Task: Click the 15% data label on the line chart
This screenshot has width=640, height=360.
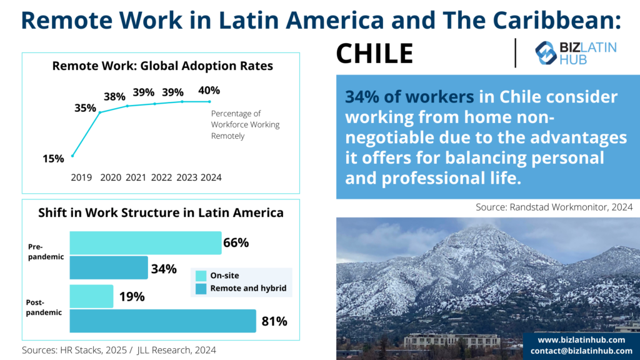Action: click(x=53, y=158)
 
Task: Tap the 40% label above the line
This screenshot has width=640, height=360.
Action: click(x=209, y=90)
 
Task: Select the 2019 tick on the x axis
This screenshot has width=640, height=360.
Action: click(x=81, y=177)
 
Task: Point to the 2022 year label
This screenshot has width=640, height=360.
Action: click(x=161, y=177)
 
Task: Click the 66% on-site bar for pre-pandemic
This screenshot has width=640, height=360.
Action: click(x=146, y=243)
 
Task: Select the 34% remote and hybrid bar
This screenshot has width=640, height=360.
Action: click(x=109, y=267)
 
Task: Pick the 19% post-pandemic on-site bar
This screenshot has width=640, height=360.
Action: click(x=91, y=296)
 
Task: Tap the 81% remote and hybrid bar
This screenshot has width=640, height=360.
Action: click(x=163, y=321)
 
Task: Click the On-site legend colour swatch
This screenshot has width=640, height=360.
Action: click(x=201, y=276)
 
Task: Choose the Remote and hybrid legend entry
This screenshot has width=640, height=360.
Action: click(x=241, y=288)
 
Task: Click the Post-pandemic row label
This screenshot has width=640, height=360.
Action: click(x=44, y=307)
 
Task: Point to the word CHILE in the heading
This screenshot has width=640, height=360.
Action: click(x=375, y=54)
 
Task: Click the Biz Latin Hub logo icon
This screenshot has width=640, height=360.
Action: click(x=545, y=53)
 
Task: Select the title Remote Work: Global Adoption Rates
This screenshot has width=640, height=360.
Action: click(x=162, y=66)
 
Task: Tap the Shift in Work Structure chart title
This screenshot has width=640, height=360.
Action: click(x=161, y=212)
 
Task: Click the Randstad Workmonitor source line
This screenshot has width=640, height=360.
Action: click(x=554, y=207)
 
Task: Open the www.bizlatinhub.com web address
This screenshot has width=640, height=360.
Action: click(x=581, y=340)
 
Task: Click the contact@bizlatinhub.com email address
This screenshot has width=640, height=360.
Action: click(x=581, y=351)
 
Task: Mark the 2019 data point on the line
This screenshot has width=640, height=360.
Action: click(x=72, y=156)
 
